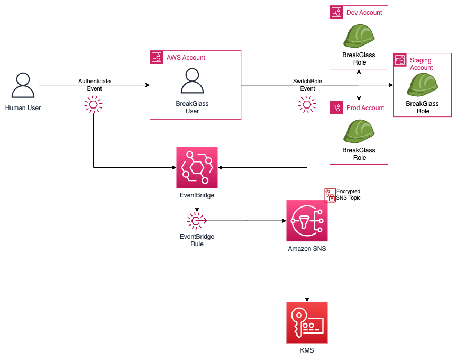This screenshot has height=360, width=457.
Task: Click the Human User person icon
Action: [23, 85]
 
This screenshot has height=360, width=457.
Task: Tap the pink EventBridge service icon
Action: [197, 168]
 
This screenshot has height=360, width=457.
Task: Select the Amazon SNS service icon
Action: [307, 221]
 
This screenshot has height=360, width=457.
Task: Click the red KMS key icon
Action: [307, 322]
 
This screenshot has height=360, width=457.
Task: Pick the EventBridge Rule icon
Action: [197, 220]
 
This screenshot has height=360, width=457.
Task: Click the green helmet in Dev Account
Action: [359, 35]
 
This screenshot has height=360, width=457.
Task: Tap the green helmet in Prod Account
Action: [359, 131]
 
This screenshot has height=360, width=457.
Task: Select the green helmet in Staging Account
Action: [423, 84]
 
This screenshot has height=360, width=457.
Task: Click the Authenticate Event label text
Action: [94, 85]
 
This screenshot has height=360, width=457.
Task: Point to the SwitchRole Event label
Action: [307, 85]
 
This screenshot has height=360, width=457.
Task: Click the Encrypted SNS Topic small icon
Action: [330, 195]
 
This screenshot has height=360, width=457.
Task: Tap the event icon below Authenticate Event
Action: [94, 105]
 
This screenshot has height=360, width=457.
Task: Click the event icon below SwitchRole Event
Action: [307, 105]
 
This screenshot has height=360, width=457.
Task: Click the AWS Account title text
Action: [186, 57]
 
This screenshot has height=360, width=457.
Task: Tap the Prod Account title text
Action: [365, 108]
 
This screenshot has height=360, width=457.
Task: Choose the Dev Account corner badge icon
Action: [336, 12]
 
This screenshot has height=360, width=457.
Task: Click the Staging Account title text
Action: [421, 64]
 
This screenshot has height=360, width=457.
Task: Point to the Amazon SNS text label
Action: [307, 248]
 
